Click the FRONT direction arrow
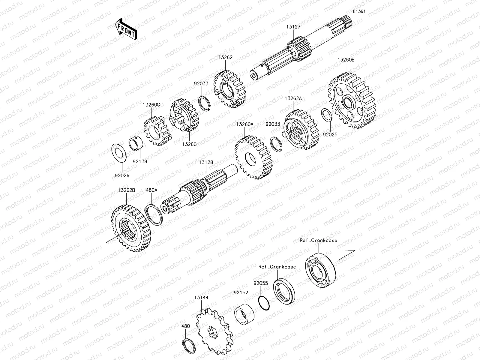point(126,29)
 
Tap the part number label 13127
point(293,27)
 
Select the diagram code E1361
point(359,11)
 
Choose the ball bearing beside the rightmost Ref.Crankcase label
point(320,268)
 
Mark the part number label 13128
point(206,162)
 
